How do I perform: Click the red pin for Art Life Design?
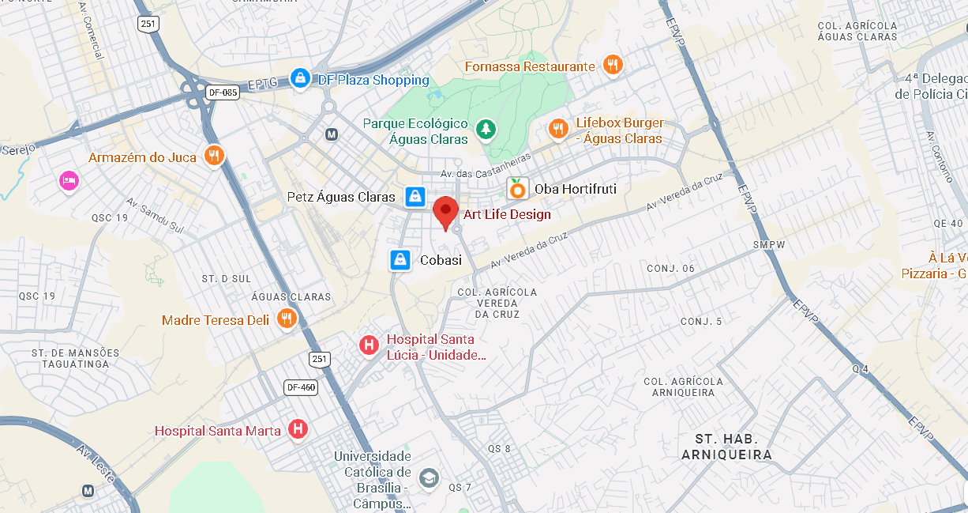click(446, 211)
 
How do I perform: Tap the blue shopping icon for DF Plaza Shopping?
click(300, 77)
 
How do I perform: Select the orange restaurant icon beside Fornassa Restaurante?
click(613, 65)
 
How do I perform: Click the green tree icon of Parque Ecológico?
click(486, 128)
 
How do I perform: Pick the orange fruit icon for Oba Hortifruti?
click(517, 188)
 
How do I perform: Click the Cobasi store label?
click(441, 260)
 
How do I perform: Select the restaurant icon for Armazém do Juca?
click(213, 156)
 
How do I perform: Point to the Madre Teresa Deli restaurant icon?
click(287, 319)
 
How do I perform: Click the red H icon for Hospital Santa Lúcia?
click(369, 345)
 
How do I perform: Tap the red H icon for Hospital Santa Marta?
click(298, 429)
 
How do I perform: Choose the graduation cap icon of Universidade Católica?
click(428, 477)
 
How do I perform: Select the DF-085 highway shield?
click(223, 92)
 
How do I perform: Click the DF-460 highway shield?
click(301, 387)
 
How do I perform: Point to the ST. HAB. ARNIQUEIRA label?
click(726, 447)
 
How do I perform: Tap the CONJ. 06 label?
click(670, 269)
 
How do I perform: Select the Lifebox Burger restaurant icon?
click(559, 128)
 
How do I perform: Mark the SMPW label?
click(768, 244)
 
